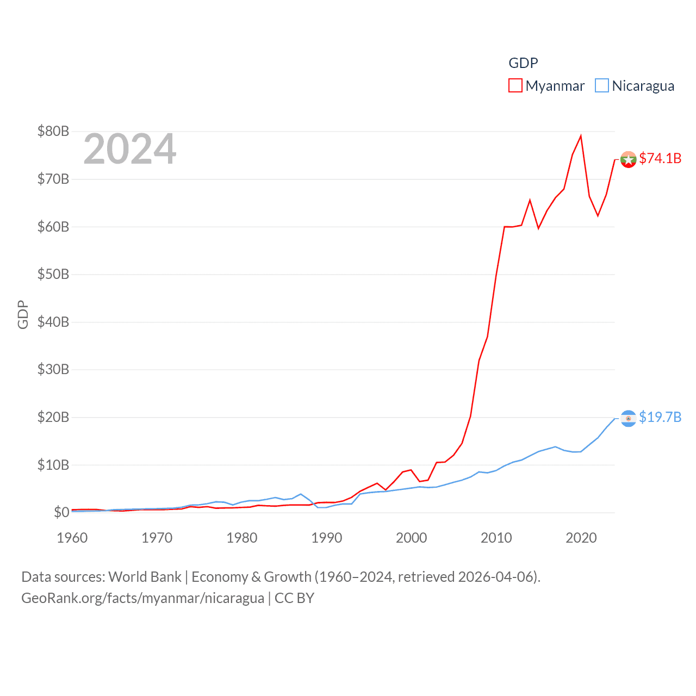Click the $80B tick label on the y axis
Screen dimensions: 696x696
pyautogui.click(x=53, y=131)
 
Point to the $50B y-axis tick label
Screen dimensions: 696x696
pyautogui.click(x=53, y=274)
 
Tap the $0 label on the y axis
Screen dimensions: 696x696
pyautogui.click(x=61, y=512)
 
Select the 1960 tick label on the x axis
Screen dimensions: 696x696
pyautogui.click(x=72, y=538)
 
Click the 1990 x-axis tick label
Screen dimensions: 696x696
pyautogui.click(x=327, y=538)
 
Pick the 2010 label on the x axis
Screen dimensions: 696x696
pyautogui.click(x=496, y=538)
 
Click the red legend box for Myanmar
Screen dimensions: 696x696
pyautogui.click(x=515, y=86)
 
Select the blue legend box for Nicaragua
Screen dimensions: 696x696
pyautogui.click(x=601, y=86)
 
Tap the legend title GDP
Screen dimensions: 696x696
pyautogui.click(x=523, y=63)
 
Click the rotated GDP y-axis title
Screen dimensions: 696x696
pyautogui.click(x=23, y=314)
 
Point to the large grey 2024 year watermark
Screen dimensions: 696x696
pyautogui.click(x=129, y=149)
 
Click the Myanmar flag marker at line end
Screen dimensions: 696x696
pyautogui.click(x=628, y=159)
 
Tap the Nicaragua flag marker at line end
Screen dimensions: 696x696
pyautogui.click(x=628, y=418)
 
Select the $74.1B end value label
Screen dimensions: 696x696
pyautogui.click(x=660, y=158)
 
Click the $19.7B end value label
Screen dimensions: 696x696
pyautogui.click(x=660, y=417)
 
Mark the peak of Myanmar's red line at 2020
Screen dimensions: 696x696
pyautogui.click(x=581, y=136)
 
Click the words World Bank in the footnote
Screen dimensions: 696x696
pyautogui.click(x=145, y=577)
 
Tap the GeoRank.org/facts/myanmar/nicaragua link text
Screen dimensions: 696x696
pyautogui.click(x=142, y=598)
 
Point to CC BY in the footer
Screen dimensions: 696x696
pyautogui.click(x=294, y=598)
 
